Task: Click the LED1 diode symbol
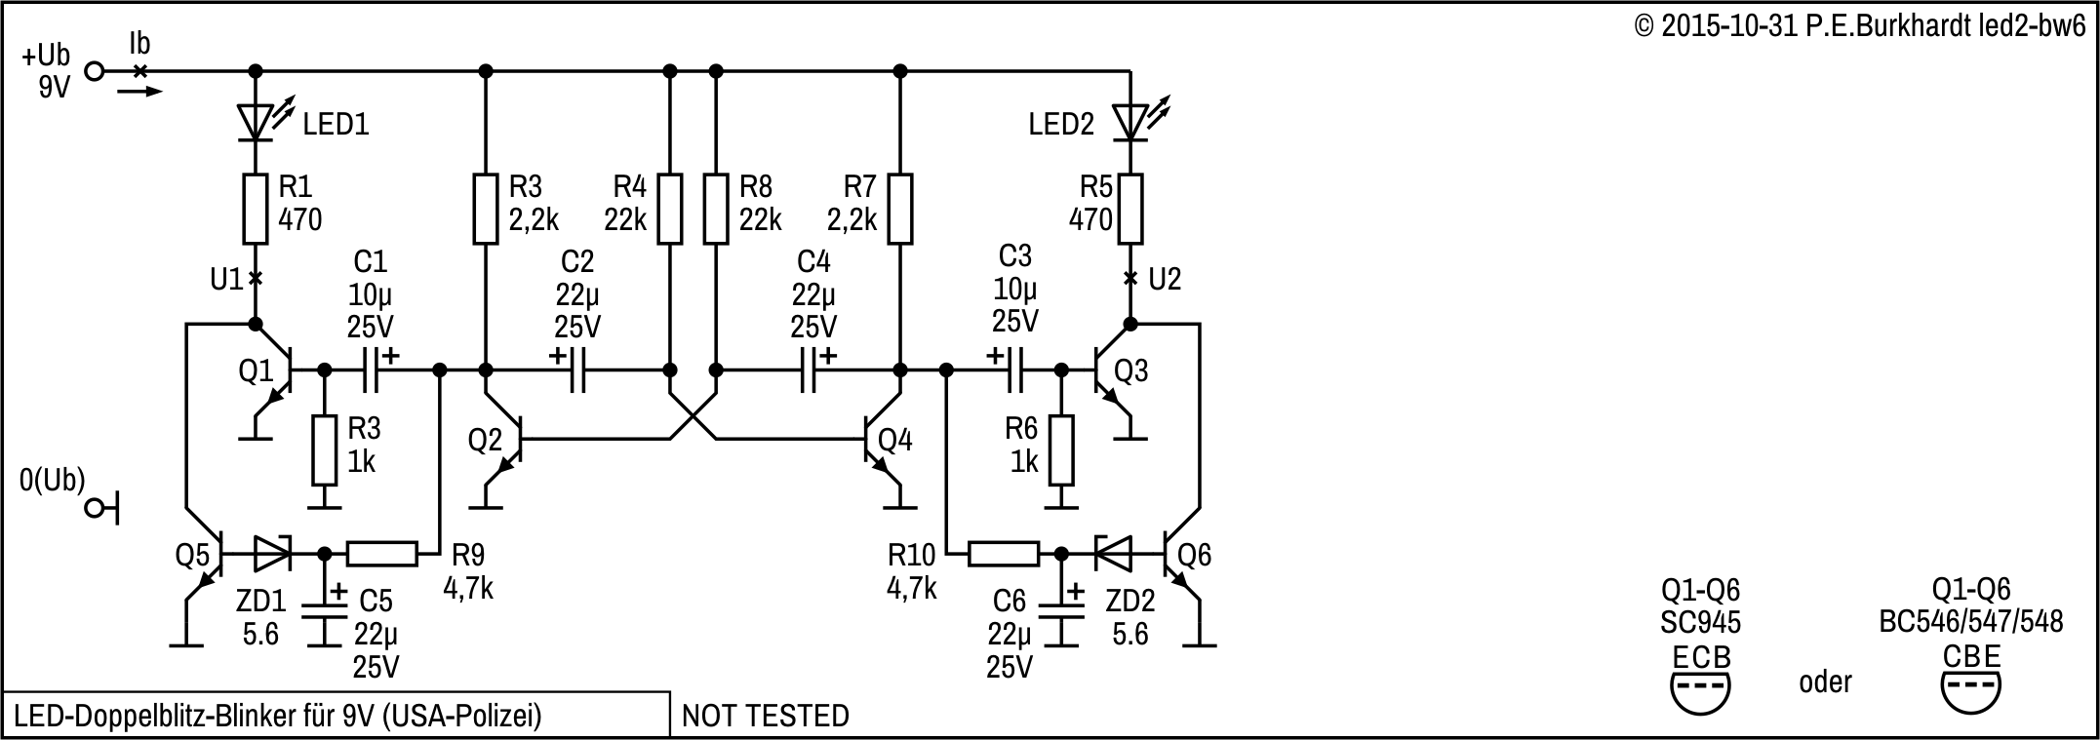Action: pos(256,121)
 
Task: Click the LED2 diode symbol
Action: pos(1130,121)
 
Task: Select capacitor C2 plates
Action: pos(577,370)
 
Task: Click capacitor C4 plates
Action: pos(808,370)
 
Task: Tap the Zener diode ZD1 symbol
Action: pos(272,554)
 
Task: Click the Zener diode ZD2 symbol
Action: pos(1113,554)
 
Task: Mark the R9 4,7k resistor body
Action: pos(382,554)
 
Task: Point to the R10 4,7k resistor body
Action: pos(1003,554)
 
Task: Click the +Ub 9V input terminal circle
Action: pos(95,70)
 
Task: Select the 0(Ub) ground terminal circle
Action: pos(95,508)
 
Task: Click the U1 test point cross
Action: pos(256,279)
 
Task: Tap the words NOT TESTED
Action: pos(765,717)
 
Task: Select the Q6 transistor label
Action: pos(1195,556)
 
